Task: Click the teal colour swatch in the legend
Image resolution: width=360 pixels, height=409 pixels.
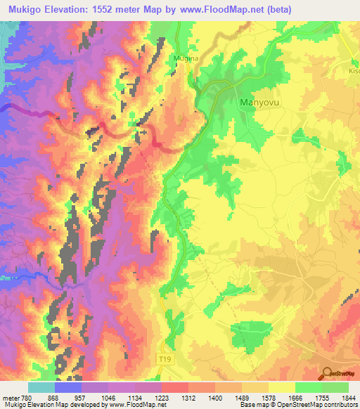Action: [41, 387]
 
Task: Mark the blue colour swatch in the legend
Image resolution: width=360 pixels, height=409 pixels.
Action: [68, 387]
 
